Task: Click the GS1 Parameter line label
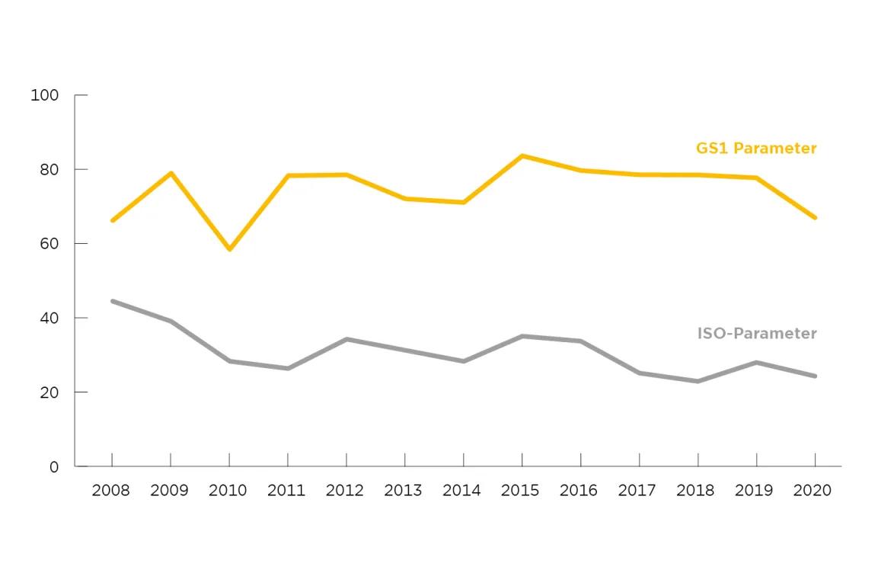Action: click(756, 149)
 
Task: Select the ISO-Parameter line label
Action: click(756, 333)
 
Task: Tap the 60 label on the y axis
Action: click(49, 244)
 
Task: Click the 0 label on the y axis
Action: click(54, 466)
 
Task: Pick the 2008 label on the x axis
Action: click(111, 490)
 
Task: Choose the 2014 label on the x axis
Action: click(462, 490)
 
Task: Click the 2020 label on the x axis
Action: click(813, 490)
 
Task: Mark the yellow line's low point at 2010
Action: click(229, 248)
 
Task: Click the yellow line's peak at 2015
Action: click(522, 155)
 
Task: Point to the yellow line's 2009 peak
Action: click(171, 173)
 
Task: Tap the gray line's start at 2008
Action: click(113, 302)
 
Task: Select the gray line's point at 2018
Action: click(698, 381)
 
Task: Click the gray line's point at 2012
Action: click(346, 340)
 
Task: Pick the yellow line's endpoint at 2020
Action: click(815, 217)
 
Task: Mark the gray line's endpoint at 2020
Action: click(815, 376)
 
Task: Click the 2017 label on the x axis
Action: click(637, 490)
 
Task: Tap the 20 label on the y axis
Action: click(49, 392)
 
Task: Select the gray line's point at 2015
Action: click(522, 337)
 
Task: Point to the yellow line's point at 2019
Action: click(756, 178)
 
